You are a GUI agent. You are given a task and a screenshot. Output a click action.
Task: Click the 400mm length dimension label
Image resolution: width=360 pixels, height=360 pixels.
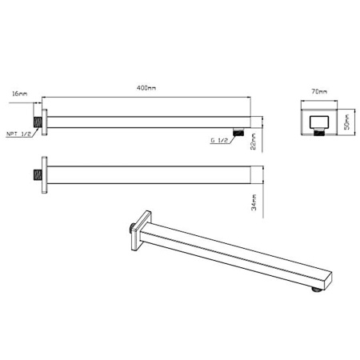tap(148, 89)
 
